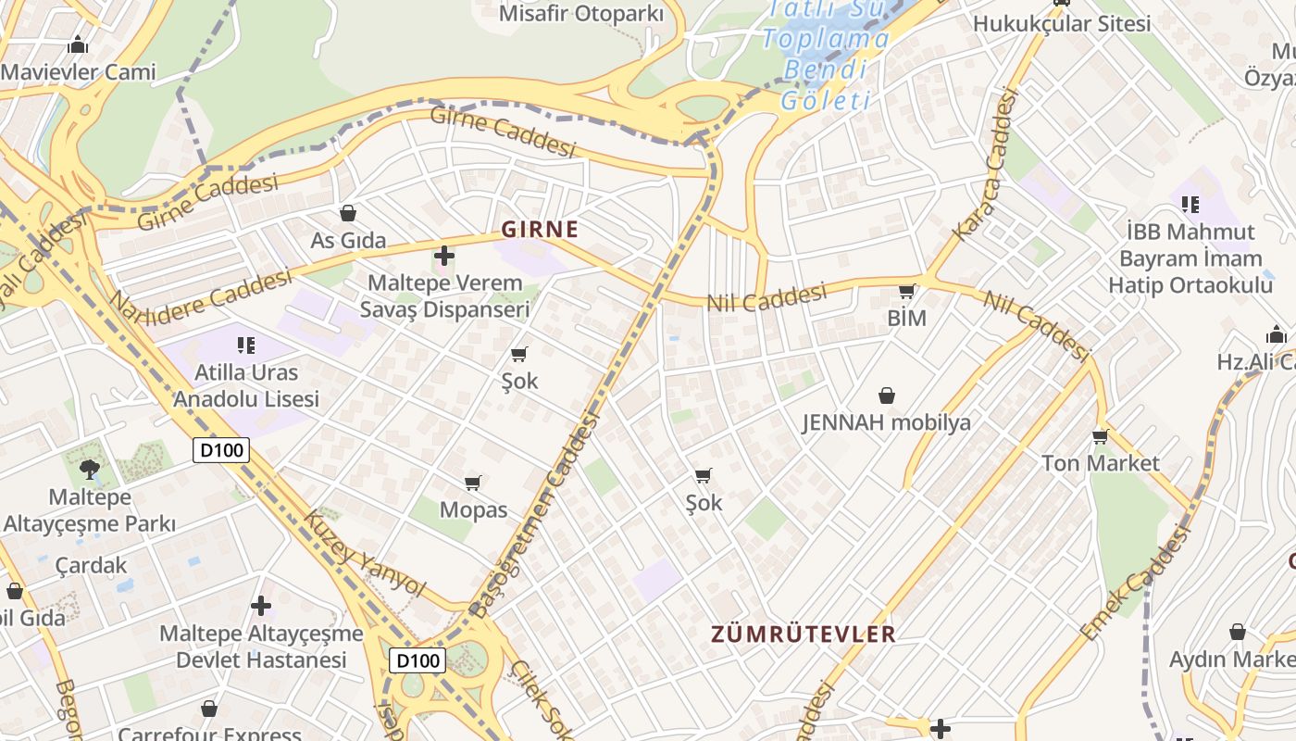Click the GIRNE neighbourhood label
540,229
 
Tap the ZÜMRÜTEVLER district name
803,634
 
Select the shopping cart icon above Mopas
473,483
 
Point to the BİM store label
906,319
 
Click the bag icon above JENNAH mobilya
887,396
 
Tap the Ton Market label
1100,462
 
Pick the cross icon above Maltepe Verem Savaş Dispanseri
444,255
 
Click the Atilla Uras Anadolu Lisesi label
246,385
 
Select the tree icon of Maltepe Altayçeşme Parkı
90,468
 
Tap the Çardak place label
91,565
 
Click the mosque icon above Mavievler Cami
78,44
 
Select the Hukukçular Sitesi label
1062,23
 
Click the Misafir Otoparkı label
581,14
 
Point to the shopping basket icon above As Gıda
348,214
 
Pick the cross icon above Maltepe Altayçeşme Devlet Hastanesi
261,606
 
